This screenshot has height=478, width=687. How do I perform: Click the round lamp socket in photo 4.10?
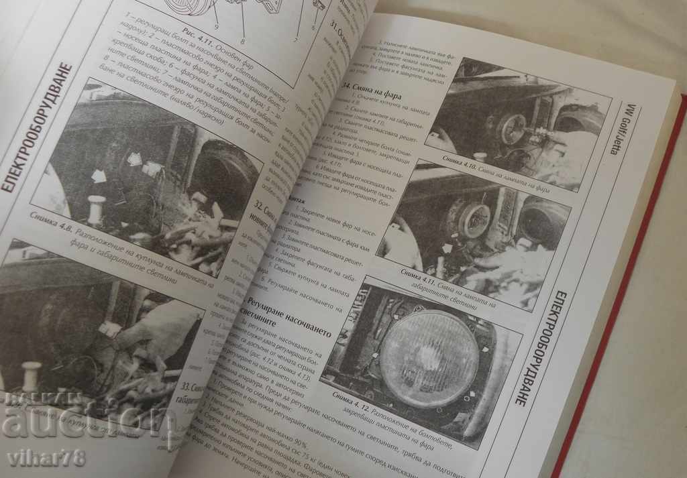513,129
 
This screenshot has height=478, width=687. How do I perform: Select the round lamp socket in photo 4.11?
474,219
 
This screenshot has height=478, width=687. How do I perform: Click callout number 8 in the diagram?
242,40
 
